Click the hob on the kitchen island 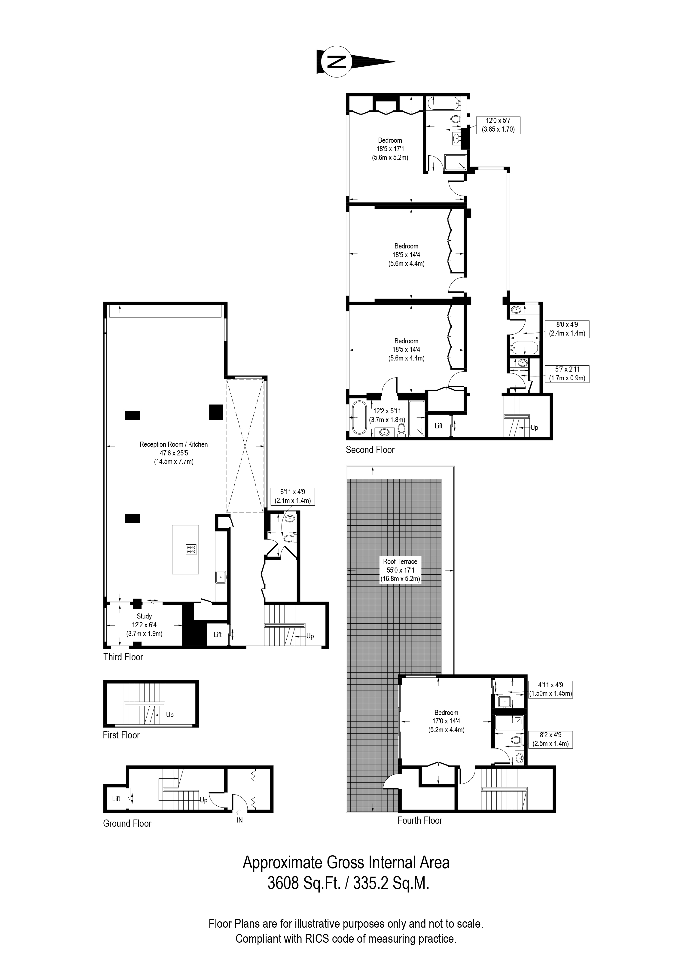coord(191,549)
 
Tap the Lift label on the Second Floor coord(438,426)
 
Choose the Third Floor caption coord(123,657)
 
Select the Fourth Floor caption coord(419,820)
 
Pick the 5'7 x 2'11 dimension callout coord(567,374)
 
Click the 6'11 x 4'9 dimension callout coord(292,496)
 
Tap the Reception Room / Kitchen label coord(174,453)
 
